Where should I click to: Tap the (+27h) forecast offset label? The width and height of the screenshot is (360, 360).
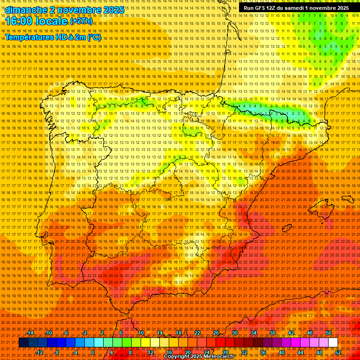coord(81,22)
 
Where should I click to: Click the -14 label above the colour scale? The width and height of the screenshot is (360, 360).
coord(30,333)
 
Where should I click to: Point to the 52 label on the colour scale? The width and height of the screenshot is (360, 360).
coord(337,352)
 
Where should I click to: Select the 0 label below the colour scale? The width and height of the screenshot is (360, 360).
coord(93,352)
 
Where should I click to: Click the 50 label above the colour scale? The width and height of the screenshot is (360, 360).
coord(328,333)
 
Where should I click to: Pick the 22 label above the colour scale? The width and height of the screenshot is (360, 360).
coord(197,333)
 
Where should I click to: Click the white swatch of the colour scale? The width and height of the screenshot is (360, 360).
coord(333,343)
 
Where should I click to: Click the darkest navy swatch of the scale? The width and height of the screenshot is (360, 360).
coord(23,343)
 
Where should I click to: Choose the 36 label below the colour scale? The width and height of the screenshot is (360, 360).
coord(262,352)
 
